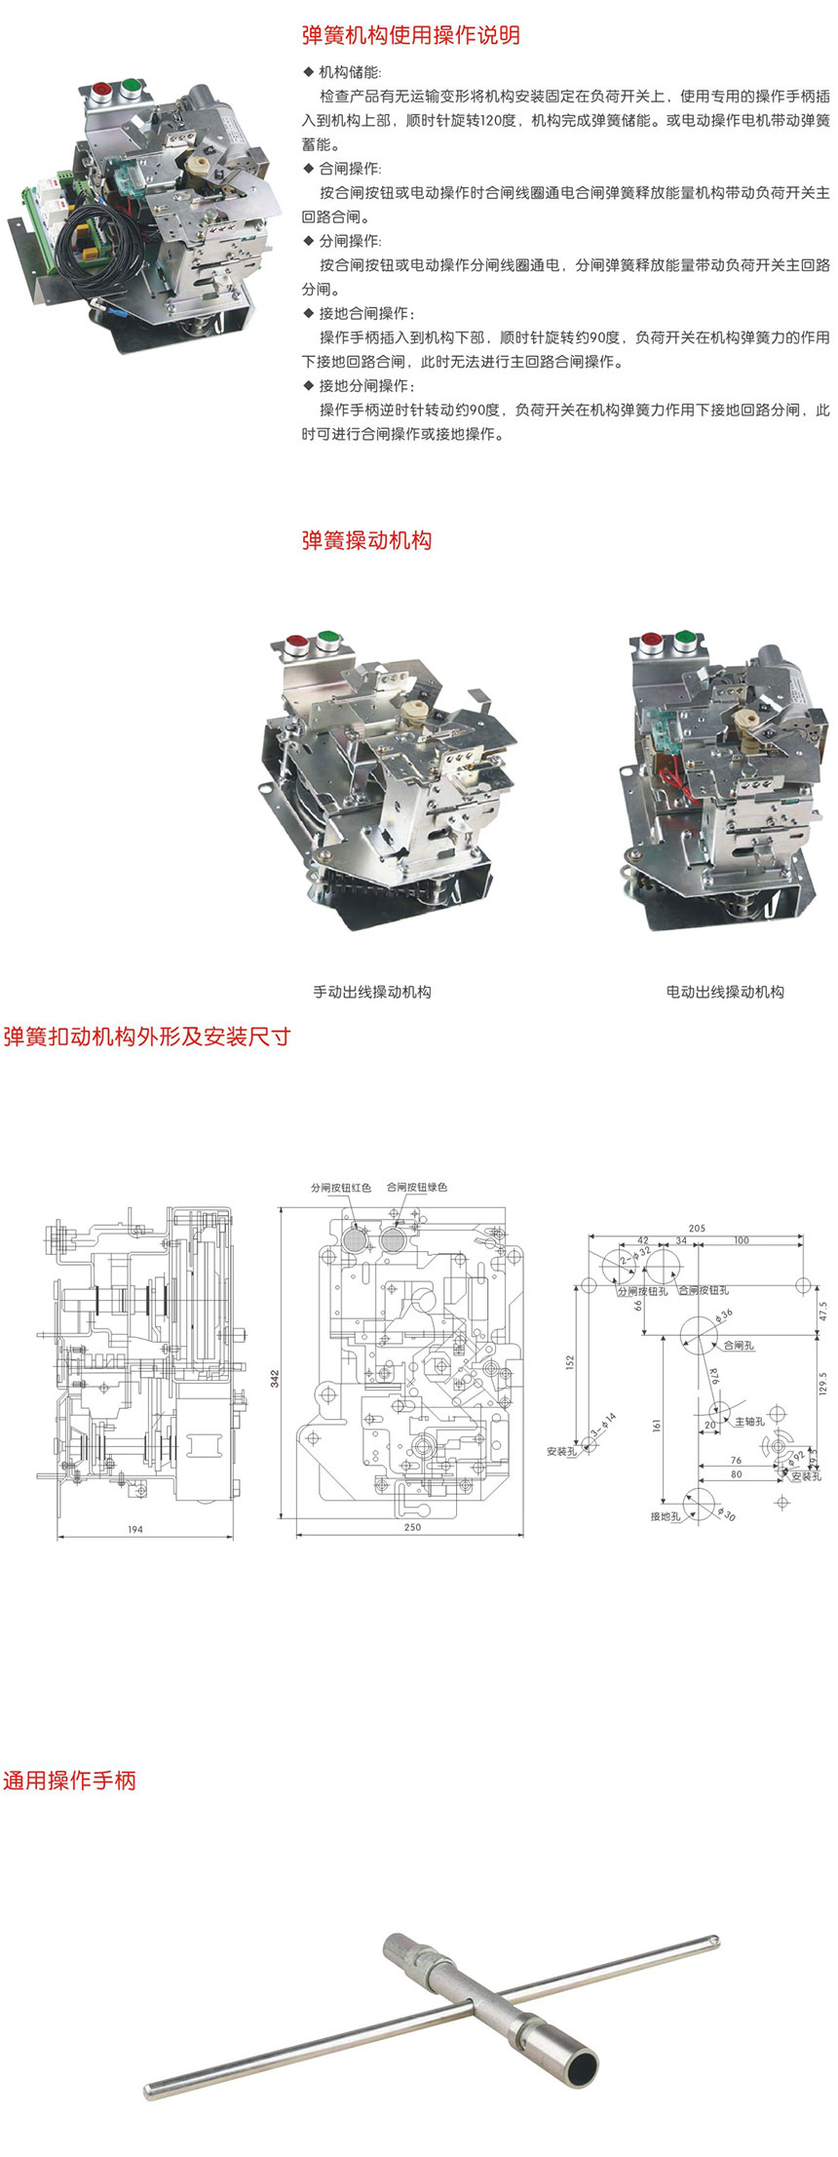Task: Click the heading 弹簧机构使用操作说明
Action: pyautogui.click(x=410, y=36)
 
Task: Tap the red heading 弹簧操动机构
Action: pyautogui.click(x=366, y=540)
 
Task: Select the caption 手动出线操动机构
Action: pyautogui.click(x=371, y=992)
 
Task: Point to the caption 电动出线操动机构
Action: pyautogui.click(x=725, y=992)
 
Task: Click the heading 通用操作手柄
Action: pyautogui.click(x=69, y=1781)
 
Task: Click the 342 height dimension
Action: pyautogui.click(x=275, y=1378)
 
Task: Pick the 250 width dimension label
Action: pyautogui.click(x=412, y=1527)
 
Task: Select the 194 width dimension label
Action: pyautogui.click(x=135, y=1529)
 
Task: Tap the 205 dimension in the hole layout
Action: pyautogui.click(x=696, y=1229)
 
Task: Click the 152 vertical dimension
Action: pyautogui.click(x=570, y=1361)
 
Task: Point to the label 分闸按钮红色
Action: pyautogui.click(x=341, y=1188)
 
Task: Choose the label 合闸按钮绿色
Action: pyautogui.click(x=417, y=1188)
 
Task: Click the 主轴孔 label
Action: pyautogui.click(x=749, y=1422)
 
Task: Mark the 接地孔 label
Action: pyautogui.click(x=666, y=1516)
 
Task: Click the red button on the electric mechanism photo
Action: pyautogui.click(x=651, y=641)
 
